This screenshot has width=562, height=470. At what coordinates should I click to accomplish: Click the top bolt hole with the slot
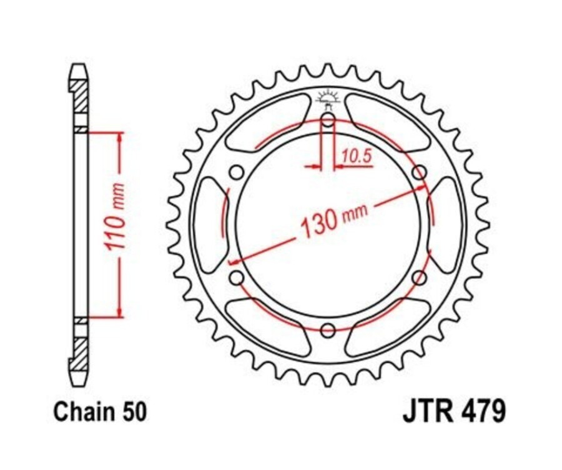point(328,122)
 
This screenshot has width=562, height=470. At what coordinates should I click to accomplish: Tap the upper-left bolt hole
point(236,172)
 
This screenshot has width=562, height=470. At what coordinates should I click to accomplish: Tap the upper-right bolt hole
point(420,172)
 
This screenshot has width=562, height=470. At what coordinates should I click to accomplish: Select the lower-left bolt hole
point(236,277)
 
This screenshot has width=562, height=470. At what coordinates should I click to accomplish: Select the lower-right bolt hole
point(420,277)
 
